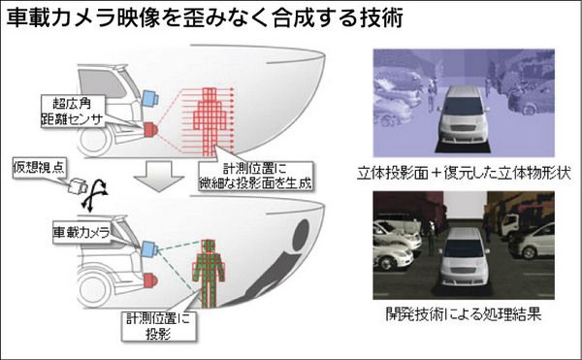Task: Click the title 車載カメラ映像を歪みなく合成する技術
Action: click(205, 18)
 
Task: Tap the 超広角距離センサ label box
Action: click(73, 111)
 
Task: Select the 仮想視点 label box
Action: click(39, 168)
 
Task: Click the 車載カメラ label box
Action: click(81, 233)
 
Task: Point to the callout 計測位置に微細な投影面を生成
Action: click(255, 176)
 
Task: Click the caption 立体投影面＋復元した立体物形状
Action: click(464, 174)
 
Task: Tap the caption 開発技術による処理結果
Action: click(464, 314)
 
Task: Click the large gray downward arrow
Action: click(159, 177)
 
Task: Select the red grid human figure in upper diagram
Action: click(210, 121)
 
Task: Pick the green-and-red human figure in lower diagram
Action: click(209, 274)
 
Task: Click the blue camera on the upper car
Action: click(150, 98)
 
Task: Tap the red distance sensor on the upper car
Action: click(150, 129)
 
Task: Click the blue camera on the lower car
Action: click(150, 249)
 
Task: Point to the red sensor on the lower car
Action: click(150, 280)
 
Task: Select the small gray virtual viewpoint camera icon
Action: click(78, 186)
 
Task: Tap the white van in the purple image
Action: click(464, 115)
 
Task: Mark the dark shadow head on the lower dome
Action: click(301, 235)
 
